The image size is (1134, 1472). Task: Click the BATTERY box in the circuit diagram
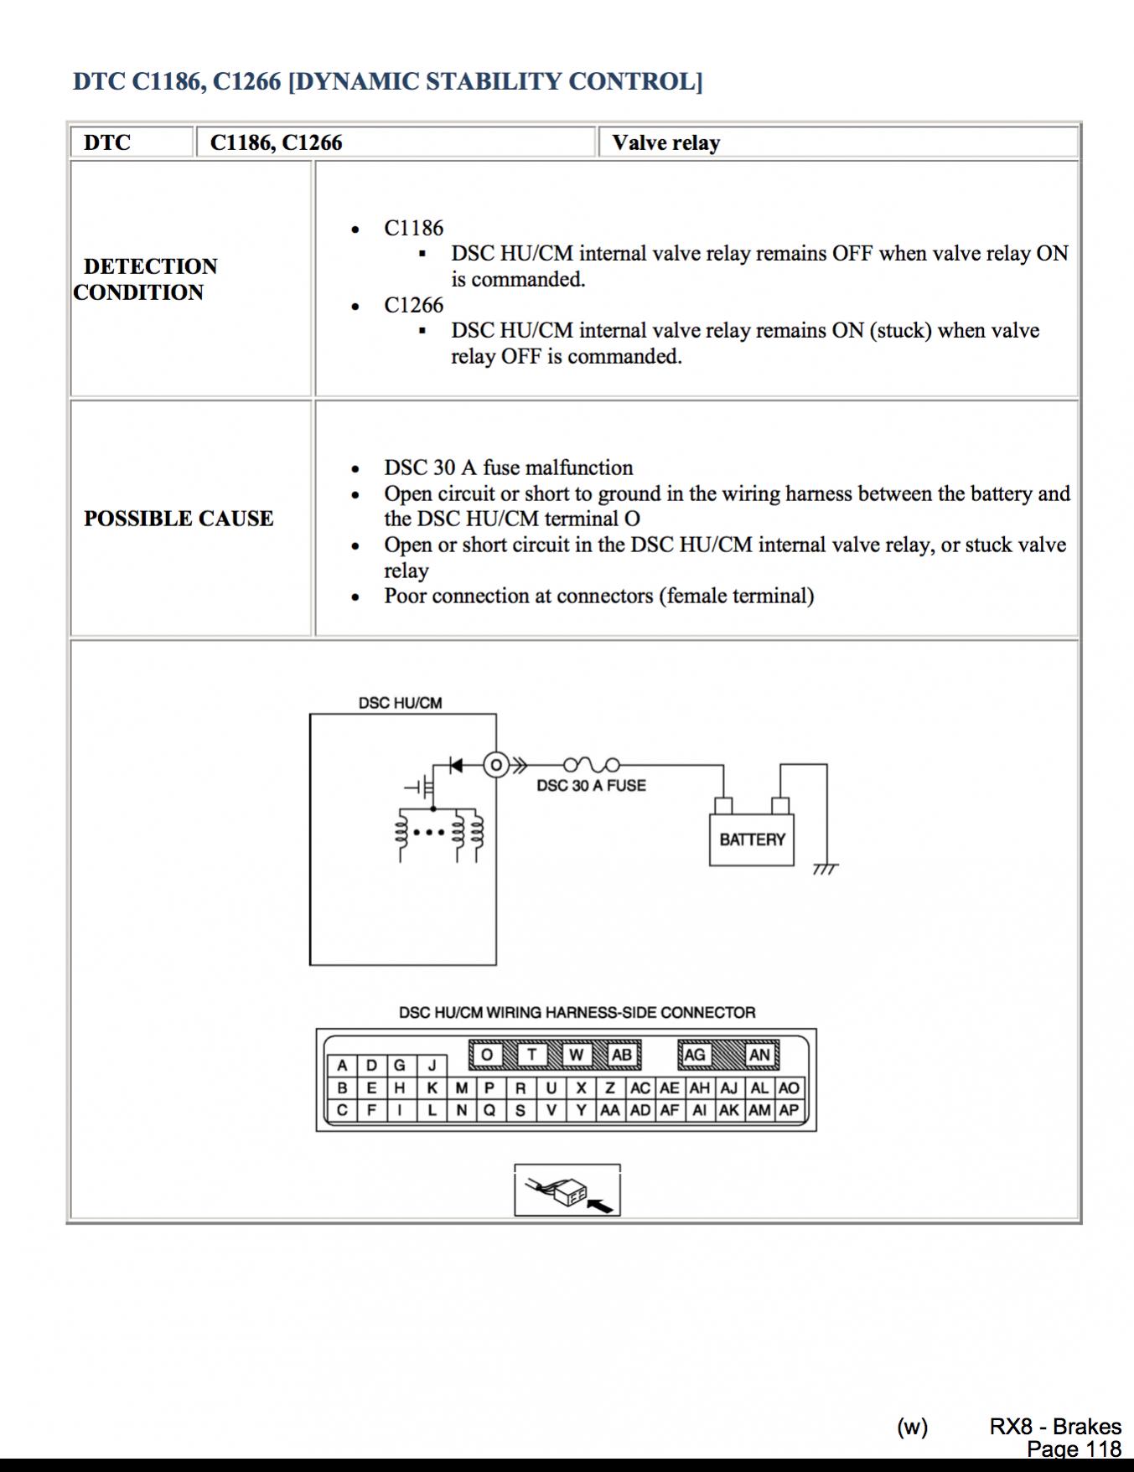[752, 839]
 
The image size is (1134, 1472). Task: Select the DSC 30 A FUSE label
[591, 786]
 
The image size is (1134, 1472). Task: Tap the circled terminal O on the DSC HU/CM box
[496, 765]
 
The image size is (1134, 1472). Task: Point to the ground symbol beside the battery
[825, 870]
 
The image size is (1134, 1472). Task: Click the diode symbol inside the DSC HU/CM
[456, 765]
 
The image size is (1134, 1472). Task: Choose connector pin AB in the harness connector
[621, 1055]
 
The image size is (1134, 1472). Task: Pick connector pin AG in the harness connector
[695, 1055]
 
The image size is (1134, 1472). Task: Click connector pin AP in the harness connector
[789, 1111]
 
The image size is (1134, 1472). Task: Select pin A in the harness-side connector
[342, 1066]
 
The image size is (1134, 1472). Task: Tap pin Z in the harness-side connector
[610, 1088]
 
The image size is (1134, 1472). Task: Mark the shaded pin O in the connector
[487, 1055]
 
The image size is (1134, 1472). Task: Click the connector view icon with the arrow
[567, 1191]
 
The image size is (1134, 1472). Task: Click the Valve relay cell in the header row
[666, 143]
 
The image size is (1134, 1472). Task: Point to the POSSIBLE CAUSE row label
[179, 519]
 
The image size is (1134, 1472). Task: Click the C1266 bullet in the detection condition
[413, 305]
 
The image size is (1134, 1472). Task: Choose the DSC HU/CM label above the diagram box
[400, 703]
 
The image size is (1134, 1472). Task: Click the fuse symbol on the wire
[591, 765]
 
